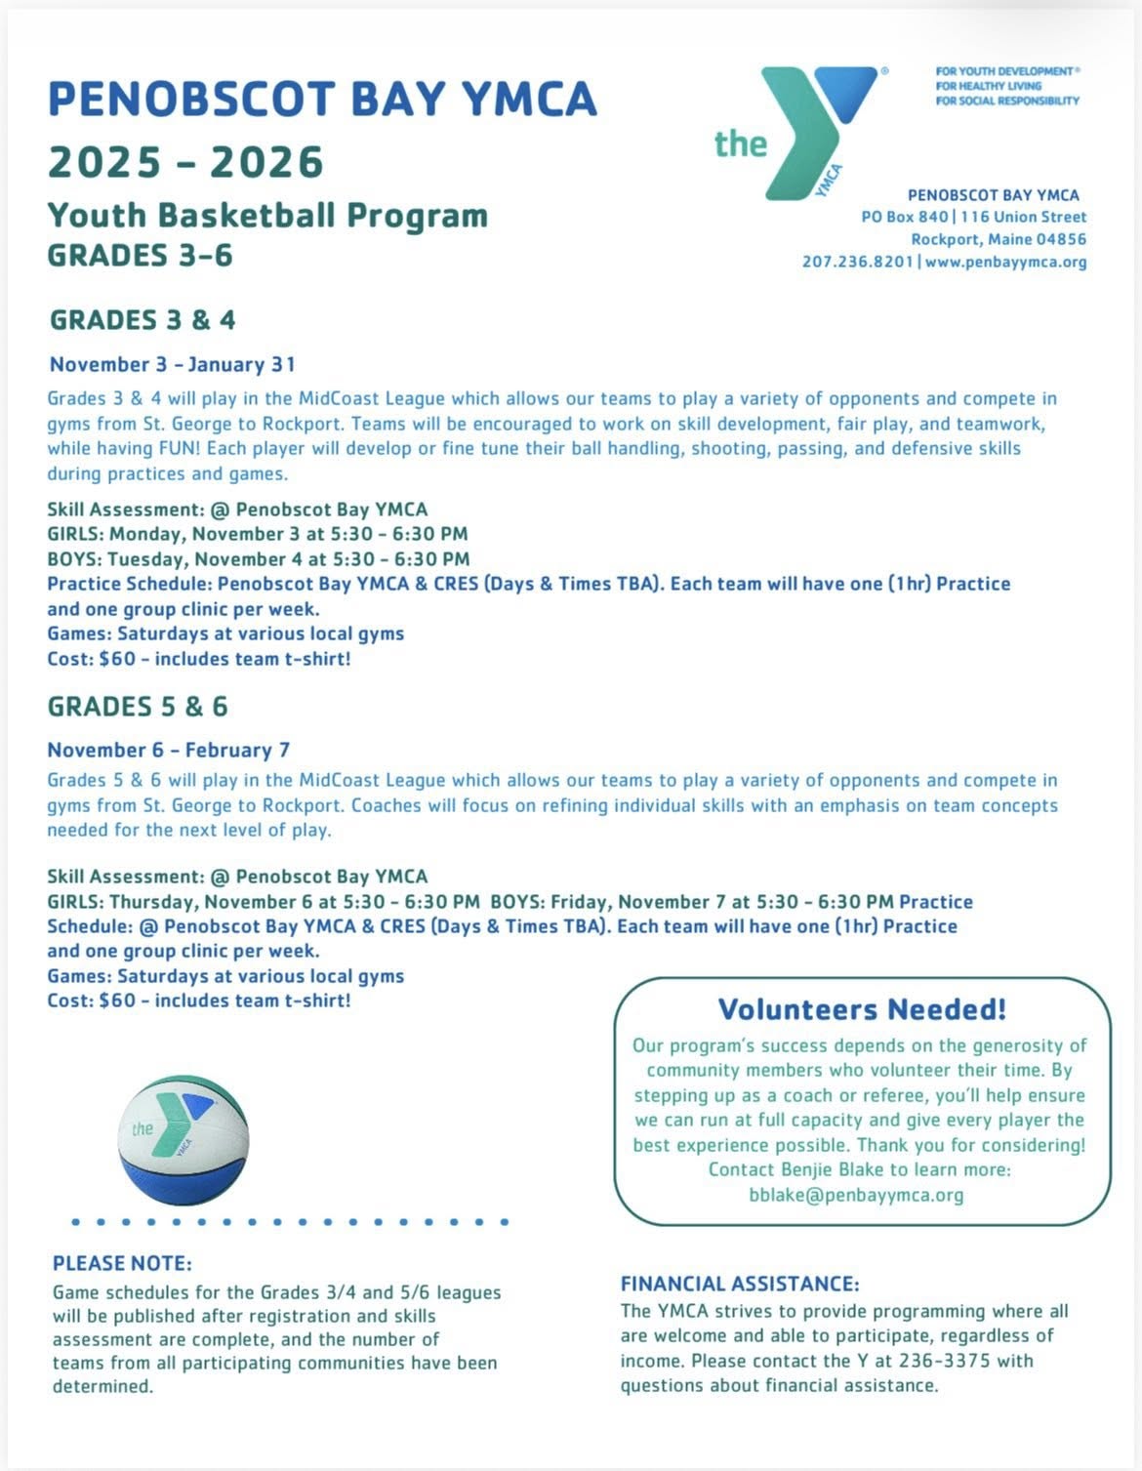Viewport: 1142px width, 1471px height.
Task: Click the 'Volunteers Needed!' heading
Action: pos(862,1008)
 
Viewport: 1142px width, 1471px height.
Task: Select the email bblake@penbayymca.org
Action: pos(856,1194)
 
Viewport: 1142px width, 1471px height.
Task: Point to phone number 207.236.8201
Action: pos(858,262)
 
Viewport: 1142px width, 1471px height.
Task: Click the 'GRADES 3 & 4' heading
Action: pos(143,319)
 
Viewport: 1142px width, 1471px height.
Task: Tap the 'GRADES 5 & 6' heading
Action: pos(138,706)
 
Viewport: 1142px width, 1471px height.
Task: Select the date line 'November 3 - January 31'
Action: pos(172,364)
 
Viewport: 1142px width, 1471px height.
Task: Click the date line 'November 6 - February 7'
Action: pos(168,750)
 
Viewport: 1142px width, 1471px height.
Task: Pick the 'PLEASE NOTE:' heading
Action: pos(122,1263)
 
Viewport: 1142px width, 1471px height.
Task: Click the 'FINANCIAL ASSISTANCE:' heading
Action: pos(740,1284)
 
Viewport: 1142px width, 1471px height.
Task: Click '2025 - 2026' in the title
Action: pos(185,161)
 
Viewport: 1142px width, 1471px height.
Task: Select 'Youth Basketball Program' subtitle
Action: pos(267,215)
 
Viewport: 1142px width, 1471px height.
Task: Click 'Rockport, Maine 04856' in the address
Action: pos(999,239)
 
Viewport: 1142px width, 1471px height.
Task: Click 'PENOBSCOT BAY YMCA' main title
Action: pos(322,99)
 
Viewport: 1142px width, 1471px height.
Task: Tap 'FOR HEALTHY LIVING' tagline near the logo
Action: pos(988,86)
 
